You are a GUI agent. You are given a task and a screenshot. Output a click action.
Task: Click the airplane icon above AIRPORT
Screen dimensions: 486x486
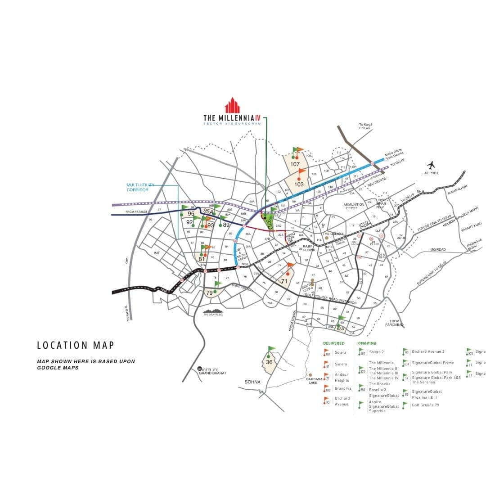click(431, 165)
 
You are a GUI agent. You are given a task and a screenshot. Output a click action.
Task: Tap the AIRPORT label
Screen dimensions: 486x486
click(431, 173)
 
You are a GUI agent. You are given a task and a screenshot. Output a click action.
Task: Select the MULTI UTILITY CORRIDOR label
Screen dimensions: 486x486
click(138, 187)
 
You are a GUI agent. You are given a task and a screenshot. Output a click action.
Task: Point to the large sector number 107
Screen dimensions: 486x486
click(295, 164)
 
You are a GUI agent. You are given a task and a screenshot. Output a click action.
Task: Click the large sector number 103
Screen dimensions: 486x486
click(299, 184)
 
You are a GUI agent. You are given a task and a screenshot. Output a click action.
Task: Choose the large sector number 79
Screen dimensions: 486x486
click(209, 292)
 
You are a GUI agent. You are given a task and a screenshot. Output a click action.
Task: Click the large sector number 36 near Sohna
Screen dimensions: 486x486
click(269, 362)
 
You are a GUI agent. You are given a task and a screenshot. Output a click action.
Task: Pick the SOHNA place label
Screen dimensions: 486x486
click(252, 382)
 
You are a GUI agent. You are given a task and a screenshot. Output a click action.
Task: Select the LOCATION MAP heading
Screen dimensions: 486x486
click(76, 345)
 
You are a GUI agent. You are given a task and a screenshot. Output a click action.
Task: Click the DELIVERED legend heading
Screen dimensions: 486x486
click(334, 343)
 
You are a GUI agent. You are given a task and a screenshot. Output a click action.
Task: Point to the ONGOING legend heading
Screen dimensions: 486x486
click(367, 343)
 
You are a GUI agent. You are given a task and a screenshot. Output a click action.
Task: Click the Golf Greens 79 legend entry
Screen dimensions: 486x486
click(425, 405)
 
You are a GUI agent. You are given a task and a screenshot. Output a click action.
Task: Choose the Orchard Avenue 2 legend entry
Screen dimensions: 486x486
click(428, 351)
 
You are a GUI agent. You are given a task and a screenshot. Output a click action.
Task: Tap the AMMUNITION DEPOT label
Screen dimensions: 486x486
click(354, 206)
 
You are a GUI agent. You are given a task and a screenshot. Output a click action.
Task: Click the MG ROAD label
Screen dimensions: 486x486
click(438, 249)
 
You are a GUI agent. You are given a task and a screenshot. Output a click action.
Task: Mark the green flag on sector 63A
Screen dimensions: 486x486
click(342, 319)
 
